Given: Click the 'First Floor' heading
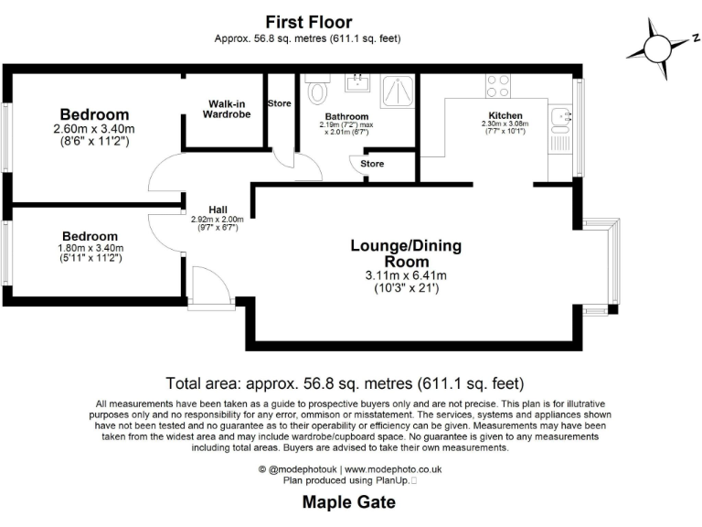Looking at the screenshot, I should pyautogui.click(x=308, y=22).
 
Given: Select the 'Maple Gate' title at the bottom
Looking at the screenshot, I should pyautogui.click(x=350, y=502).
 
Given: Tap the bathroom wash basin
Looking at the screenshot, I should pyautogui.click(x=356, y=84).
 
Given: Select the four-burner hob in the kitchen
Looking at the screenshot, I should pyautogui.click(x=498, y=86).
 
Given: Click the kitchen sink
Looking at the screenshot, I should pyautogui.click(x=562, y=117).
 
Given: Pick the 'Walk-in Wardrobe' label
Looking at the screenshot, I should pyautogui.click(x=226, y=109).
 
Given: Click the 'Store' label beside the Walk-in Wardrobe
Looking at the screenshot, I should pyautogui.click(x=279, y=103).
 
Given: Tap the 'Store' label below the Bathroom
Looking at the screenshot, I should pyautogui.click(x=372, y=164).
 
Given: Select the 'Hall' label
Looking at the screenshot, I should pyautogui.click(x=217, y=209).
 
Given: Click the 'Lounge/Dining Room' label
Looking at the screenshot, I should pyautogui.click(x=406, y=253).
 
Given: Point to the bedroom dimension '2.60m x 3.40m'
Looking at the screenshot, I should pyautogui.click(x=94, y=129).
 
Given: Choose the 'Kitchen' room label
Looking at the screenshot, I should pyautogui.click(x=505, y=115).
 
